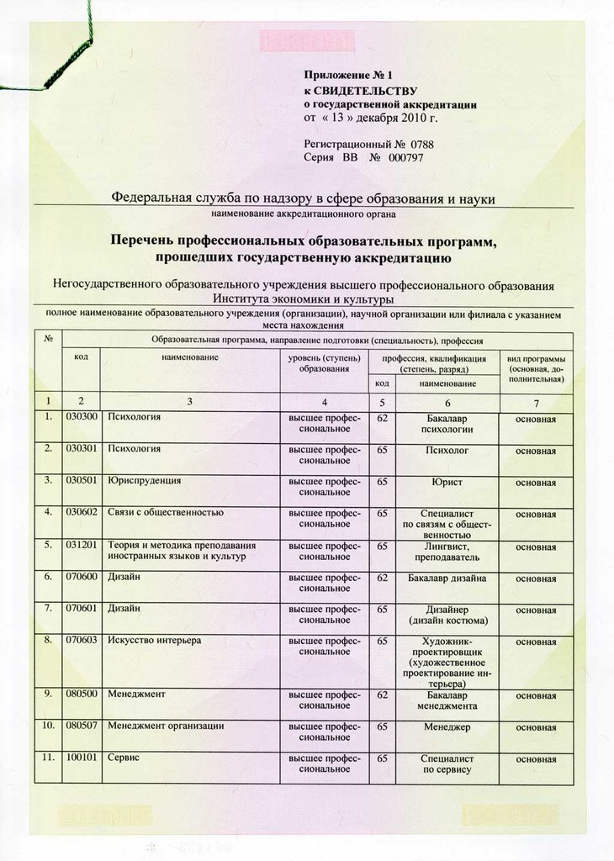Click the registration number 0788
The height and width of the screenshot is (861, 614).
click(422, 144)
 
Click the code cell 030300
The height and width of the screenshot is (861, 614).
click(82, 417)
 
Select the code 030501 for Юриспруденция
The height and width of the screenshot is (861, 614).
click(82, 481)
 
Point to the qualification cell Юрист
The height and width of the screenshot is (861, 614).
click(447, 482)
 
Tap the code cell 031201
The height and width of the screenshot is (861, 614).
click(82, 545)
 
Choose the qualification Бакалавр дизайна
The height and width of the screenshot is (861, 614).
click(447, 578)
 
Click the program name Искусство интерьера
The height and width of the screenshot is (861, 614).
click(155, 641)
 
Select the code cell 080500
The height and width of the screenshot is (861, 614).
click(82, 695)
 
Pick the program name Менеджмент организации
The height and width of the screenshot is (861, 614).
click(166, 726)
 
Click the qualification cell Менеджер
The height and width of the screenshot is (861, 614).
click(447, 726)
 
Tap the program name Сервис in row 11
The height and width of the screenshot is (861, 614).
click(123, 758)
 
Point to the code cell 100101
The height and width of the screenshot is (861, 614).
click(82, 758)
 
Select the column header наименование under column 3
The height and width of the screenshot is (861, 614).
click(191, 357)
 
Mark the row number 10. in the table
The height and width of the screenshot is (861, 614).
click(49, 726)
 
